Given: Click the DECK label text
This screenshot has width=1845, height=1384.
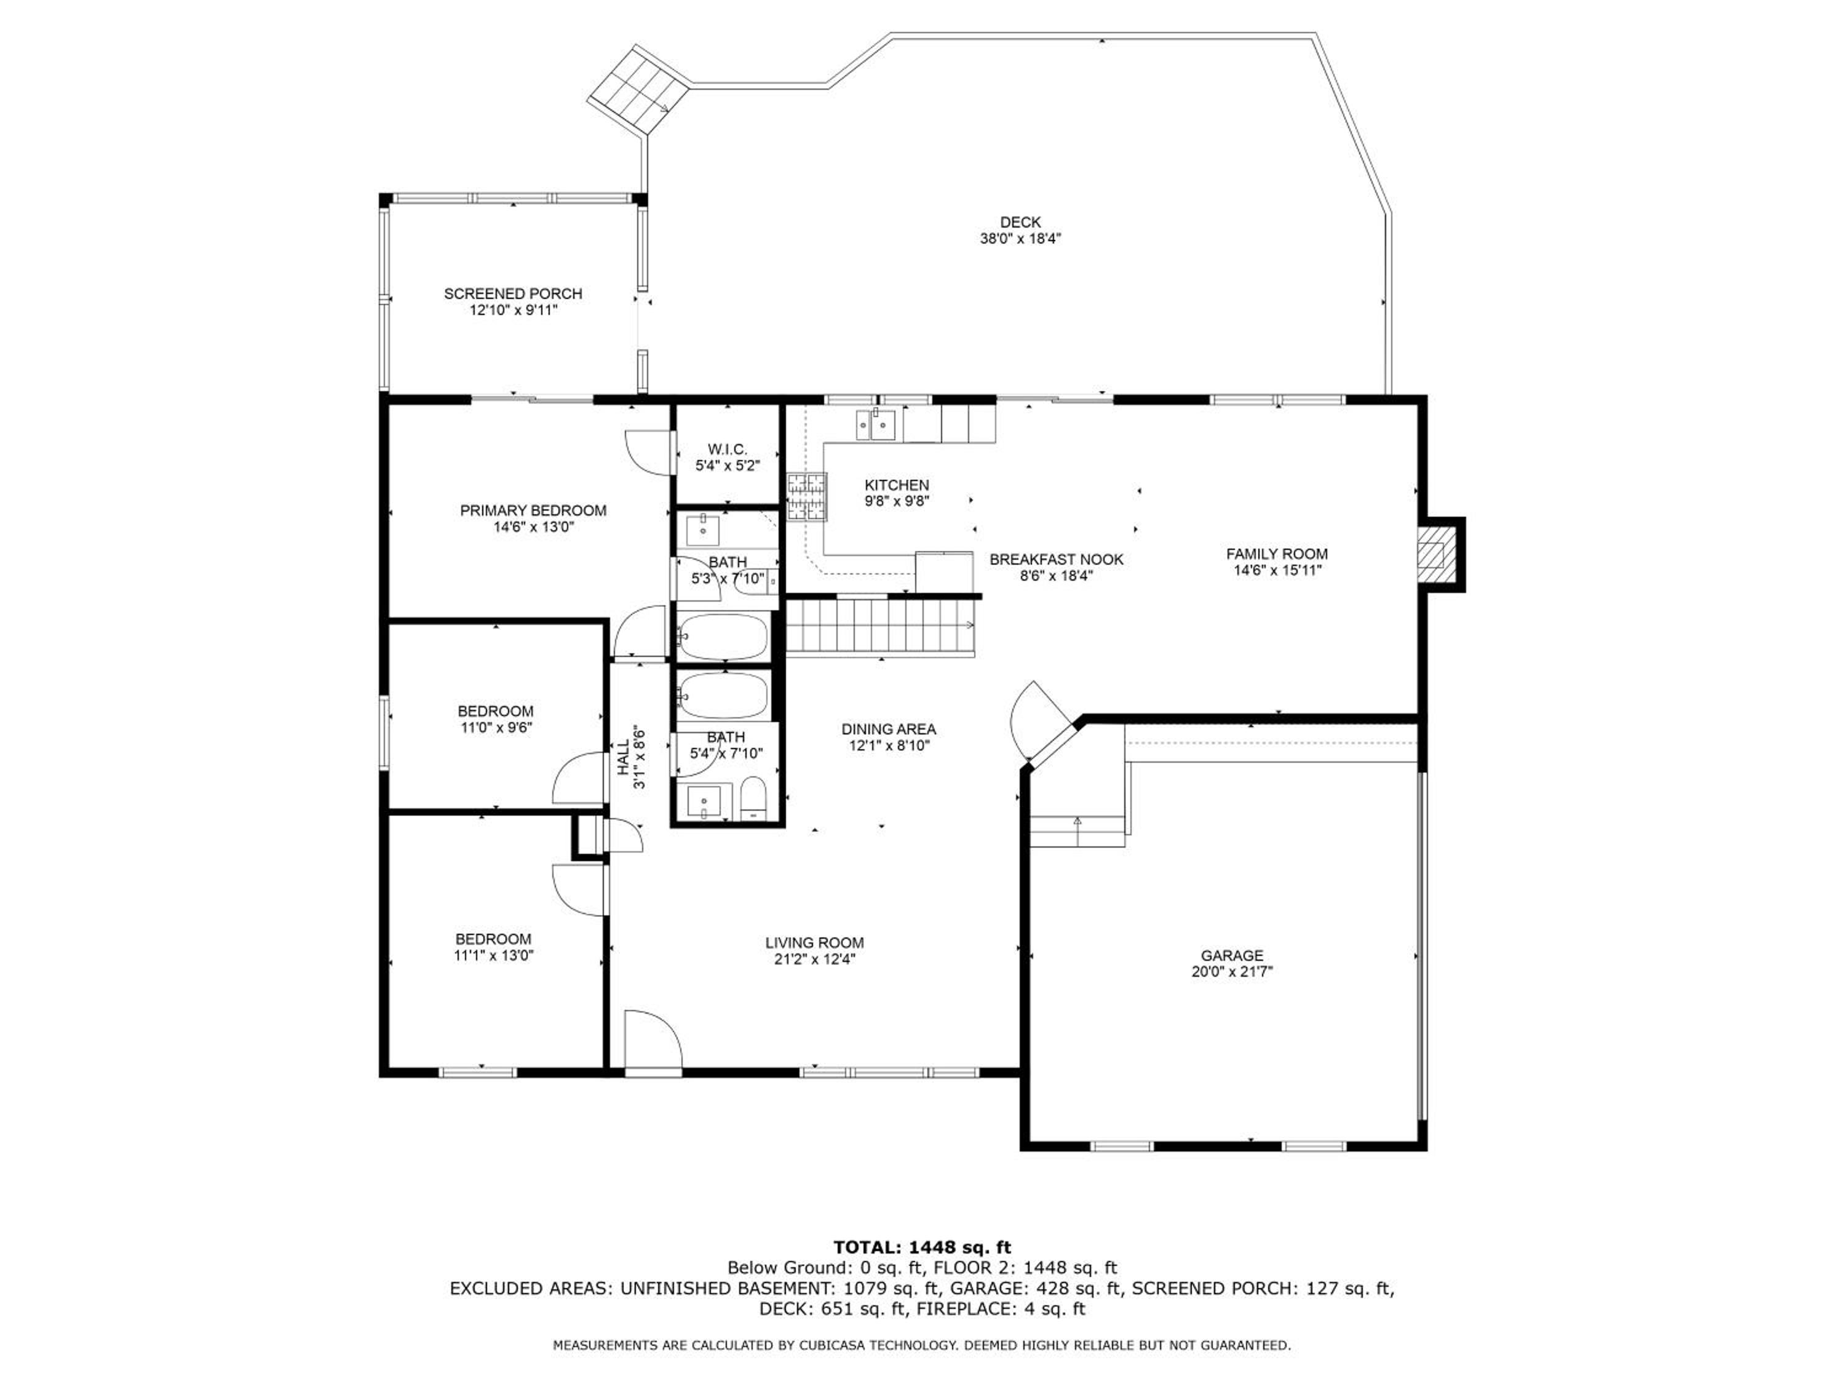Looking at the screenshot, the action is tap(1020, 223).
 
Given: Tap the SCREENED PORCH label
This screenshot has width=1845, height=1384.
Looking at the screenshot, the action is tap(513, 293).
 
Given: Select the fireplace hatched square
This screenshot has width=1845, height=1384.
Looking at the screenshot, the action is tap(1432, 554).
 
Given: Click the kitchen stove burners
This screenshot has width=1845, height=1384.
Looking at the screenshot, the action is tap(806, 497).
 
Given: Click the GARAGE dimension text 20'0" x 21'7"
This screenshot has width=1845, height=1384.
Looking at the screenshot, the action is tap(1232, 971).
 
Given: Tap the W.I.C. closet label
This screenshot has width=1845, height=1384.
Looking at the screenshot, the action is tap(728, 450).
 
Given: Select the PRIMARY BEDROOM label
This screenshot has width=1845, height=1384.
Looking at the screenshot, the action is tap(533, 511).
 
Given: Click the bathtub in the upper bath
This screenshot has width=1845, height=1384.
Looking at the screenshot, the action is tap(723, 637).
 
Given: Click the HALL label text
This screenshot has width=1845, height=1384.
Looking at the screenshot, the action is tap(623, 757).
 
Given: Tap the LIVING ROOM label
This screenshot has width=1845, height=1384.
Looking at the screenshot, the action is tap(815, 943).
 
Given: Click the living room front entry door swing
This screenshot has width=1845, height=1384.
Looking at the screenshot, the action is tap(654, 1040).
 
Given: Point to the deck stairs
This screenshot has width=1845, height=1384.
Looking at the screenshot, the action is tap(639, 89).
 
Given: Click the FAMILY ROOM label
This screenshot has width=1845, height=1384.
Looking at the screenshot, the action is tap(1277, 554).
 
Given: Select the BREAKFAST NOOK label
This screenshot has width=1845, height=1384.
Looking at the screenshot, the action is tap(1056, 560).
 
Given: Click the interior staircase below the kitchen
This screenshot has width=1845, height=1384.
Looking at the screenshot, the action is tap(881, 627).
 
